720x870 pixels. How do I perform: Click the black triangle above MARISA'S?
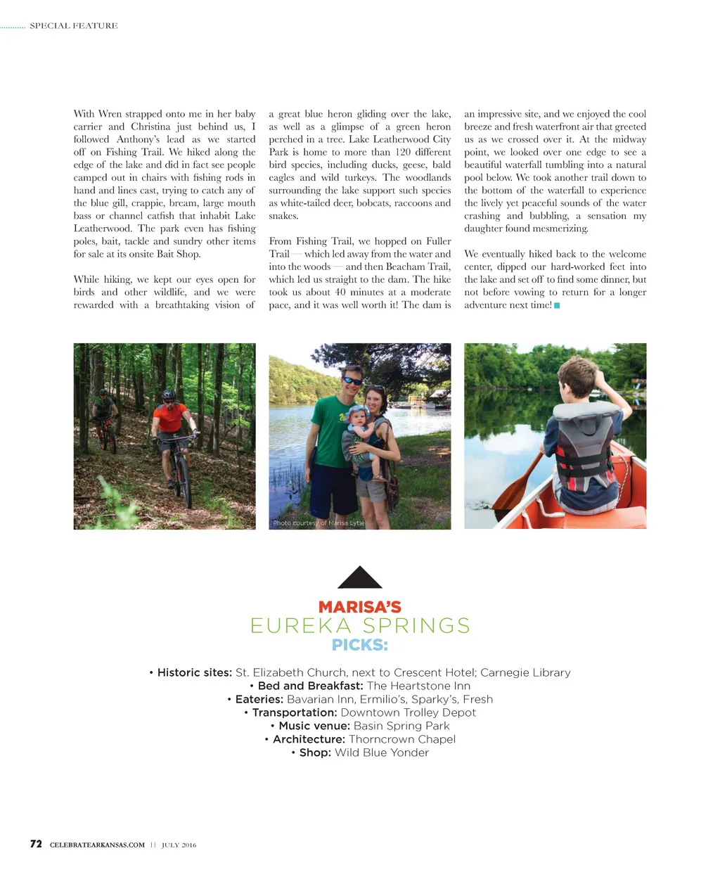359,579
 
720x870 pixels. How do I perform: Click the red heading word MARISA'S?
359,606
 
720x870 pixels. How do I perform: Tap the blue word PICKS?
359,645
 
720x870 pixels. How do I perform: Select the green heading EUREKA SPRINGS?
359,625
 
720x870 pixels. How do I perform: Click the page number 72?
36,844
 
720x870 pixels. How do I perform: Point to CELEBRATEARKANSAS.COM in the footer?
97,845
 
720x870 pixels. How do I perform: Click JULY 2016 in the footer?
179,845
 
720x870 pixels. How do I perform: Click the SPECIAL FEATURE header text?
73,26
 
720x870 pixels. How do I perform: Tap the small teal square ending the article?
557,305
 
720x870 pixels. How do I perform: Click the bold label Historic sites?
194,672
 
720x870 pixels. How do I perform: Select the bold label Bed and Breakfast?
310,686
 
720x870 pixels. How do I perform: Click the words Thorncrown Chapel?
401,739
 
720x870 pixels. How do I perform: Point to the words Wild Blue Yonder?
381,753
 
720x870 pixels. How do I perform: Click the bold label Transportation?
295,712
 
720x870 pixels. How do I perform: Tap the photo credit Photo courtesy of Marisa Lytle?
319,523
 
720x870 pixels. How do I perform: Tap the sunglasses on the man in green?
352,381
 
